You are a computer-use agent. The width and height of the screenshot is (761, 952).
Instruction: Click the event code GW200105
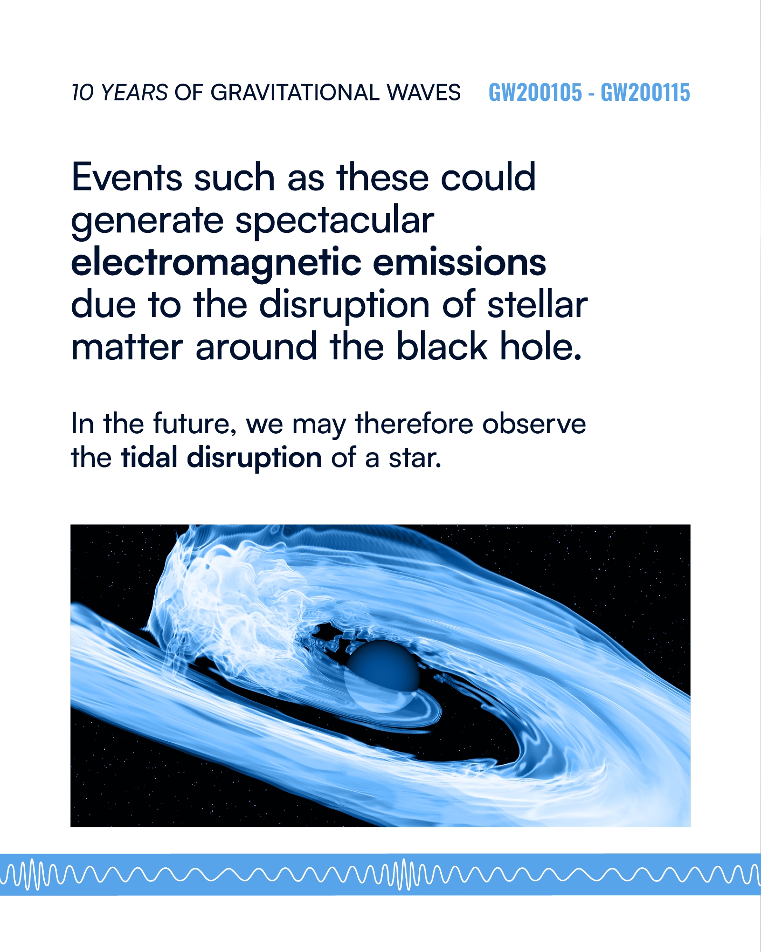(535, 92)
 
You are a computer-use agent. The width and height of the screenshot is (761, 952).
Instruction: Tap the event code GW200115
(645, 92)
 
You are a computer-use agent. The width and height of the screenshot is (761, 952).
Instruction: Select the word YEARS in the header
(134, 92)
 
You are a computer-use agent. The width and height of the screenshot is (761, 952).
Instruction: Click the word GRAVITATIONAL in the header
(295, 92)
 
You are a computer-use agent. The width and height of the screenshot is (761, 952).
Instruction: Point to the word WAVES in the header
(424, 92)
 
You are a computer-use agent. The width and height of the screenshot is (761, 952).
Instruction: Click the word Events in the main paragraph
(127, 177)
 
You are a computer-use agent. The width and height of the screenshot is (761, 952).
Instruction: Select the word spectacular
(335, 221)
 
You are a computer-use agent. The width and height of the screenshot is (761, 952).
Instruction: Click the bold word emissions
(459, 262)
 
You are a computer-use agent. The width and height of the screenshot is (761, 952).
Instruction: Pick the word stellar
(537, 305)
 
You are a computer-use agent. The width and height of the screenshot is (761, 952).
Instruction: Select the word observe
(534, 424)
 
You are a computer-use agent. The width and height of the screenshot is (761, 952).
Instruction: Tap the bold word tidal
(150, 457)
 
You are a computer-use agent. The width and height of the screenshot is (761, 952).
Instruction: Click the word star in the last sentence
(415, 458)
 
